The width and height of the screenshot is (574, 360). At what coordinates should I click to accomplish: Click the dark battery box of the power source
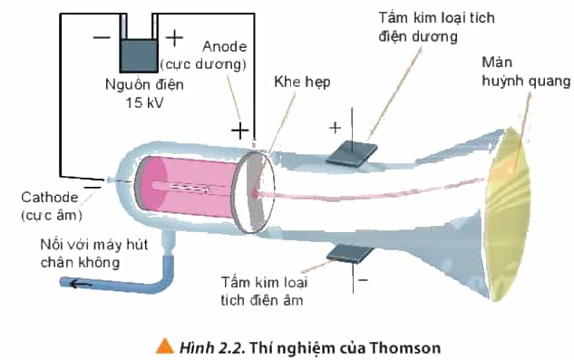point(139,55)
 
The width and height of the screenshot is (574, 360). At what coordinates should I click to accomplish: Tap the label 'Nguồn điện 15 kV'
point(144,93)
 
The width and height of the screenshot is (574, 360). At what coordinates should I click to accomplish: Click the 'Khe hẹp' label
point(302,82)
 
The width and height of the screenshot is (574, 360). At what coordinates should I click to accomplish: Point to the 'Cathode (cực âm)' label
point(52,206)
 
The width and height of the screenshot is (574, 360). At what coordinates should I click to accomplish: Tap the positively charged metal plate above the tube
point(352,154)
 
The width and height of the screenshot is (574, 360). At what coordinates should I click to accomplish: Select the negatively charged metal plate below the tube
point(350,254)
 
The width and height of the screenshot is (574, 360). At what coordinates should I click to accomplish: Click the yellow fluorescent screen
point(508,214)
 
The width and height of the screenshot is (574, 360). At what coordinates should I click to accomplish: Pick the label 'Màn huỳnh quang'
point(526,72)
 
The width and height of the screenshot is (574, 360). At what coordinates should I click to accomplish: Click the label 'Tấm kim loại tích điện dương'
point(436,27)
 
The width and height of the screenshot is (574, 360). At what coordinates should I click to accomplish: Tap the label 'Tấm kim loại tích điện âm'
point(264,291)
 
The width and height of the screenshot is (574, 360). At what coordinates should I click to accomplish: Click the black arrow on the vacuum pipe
point(82,284)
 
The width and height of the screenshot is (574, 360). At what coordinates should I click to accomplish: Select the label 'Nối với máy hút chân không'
point(94,253)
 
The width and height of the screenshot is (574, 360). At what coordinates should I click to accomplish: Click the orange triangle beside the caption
point(165,345)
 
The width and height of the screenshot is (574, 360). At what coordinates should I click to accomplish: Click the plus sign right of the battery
point(174,38)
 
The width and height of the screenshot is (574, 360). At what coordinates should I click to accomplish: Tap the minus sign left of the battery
point(102,37)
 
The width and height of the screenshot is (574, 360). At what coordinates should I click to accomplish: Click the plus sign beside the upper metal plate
point(335,128)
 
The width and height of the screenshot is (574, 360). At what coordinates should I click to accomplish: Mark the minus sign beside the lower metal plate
point(363,280)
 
